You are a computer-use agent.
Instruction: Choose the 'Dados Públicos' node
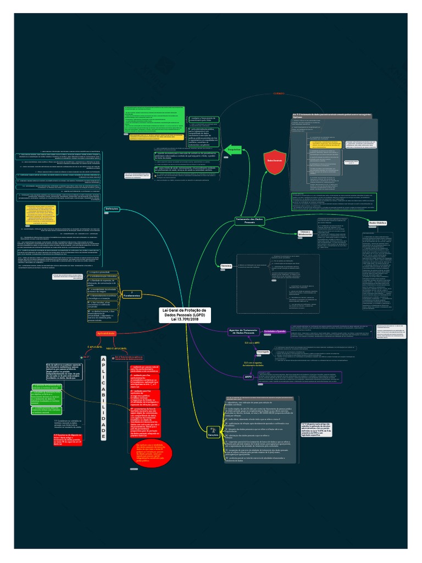click(x=378, y=223)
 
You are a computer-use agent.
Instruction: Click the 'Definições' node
click(x=112, y=209)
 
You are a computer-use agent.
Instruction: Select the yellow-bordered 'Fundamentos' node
click(x=132, y=295)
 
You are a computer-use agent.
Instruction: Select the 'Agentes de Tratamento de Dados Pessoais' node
click(x=242, y=332)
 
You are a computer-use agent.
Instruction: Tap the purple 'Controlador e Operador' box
click(x=275, y=332)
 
